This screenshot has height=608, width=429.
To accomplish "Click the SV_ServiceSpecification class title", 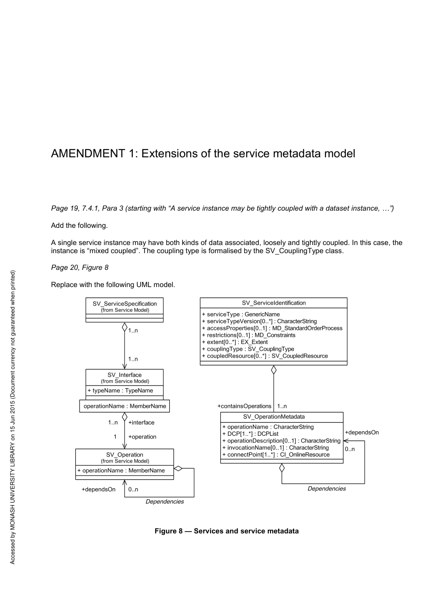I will point(125,304).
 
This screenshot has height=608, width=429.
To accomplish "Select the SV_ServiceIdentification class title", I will point(274,303).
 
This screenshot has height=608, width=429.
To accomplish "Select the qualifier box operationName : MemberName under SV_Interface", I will point(125,406).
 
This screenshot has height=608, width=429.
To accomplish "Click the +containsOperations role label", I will point(244,406).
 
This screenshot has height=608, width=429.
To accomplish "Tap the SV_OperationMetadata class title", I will point(274,417).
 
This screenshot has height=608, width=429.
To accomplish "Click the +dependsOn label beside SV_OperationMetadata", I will point(362,432).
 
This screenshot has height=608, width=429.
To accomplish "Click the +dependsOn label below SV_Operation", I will point(98,489).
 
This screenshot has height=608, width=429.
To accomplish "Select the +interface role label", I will point(141,423).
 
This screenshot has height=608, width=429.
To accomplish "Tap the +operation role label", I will point(142,437).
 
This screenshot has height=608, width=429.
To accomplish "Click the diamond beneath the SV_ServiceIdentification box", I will point(274,370).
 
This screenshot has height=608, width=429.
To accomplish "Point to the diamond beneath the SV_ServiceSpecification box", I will point(125,327).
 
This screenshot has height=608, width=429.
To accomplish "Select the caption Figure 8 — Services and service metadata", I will point(227,531).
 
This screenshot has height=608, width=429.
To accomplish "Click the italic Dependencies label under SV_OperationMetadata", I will point(326,489).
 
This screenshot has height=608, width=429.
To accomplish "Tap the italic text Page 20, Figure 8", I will point(80,268).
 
